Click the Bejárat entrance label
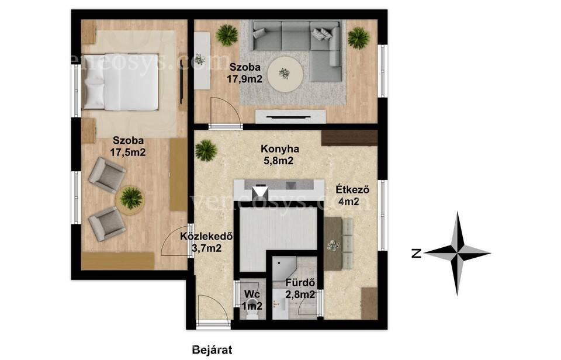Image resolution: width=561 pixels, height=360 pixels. [x=212, y=349]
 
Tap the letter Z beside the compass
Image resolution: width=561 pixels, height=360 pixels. [x=415, y=254]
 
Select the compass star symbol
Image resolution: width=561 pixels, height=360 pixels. [x=458, y=254]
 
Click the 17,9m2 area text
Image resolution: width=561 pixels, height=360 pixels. [x=244, y=79]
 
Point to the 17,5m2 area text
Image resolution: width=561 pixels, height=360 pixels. [x=128, y=152]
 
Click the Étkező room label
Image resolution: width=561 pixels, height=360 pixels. [x=352, y=189]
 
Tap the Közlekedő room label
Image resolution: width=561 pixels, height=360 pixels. [x=207, y=236]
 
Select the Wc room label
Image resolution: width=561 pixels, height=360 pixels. [x=252, y=294]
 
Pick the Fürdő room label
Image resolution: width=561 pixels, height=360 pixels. [x=300, y=283]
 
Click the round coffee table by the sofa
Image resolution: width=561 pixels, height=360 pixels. [x=286, y=74]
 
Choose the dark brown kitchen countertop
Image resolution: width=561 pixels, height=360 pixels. [x=349, y=138]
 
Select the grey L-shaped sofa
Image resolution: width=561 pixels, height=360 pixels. [x=297, y=47]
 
